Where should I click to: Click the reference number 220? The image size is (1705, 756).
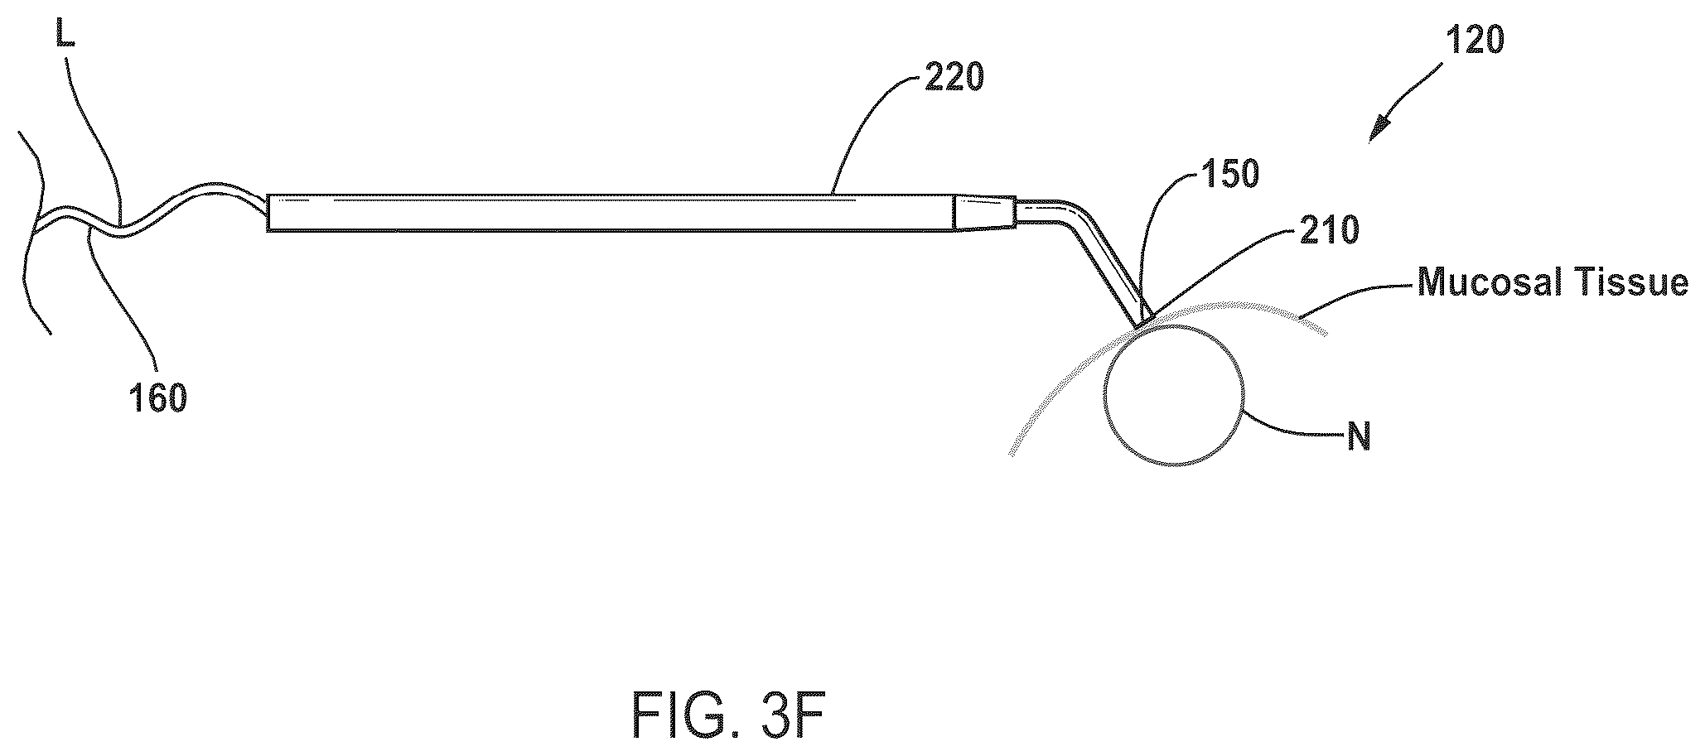953,79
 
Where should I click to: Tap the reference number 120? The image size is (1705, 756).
1474,40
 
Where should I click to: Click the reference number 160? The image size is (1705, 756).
157,399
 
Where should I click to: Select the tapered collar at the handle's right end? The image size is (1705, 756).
986,213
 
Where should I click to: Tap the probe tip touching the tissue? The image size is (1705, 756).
1143,319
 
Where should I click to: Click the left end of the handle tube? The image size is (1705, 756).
268,214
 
